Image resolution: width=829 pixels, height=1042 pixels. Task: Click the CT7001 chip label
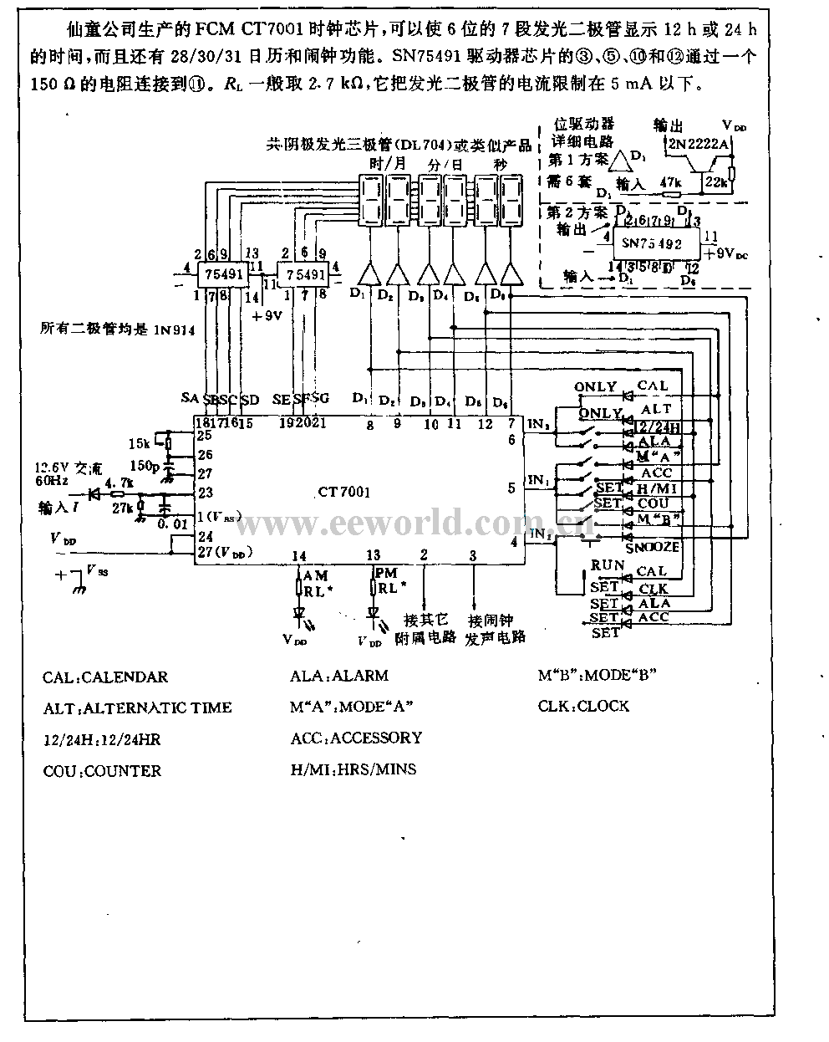tap(344, 493)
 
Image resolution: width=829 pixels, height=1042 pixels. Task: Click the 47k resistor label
tap(670, 181)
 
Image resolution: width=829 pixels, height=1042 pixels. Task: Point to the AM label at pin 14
tap(315, 575)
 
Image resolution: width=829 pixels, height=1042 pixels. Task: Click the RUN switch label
tap(608, 565)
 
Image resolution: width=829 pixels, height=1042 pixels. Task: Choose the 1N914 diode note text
tap(117, 330)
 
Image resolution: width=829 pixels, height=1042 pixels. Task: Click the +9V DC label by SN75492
tap(724, 251)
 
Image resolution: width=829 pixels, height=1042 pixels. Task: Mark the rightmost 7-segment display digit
tap(511, 199)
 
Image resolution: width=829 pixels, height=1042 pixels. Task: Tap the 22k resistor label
tap(715, 181)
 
